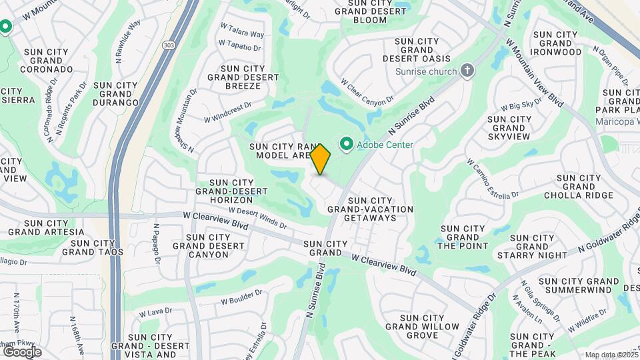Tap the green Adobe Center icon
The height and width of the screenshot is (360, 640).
tap(347, 144)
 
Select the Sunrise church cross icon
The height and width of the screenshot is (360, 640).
tap(468, 71)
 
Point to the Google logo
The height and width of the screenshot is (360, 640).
tap(21, 351)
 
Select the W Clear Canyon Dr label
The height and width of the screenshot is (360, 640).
tap(367, 93)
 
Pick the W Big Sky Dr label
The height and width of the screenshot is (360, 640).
tap(521, 105)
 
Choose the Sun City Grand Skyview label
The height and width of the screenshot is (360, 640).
tap(510, 127)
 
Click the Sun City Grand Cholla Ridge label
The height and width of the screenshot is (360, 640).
tap(578, 187)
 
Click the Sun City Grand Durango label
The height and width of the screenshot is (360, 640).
tap(116, 94)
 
